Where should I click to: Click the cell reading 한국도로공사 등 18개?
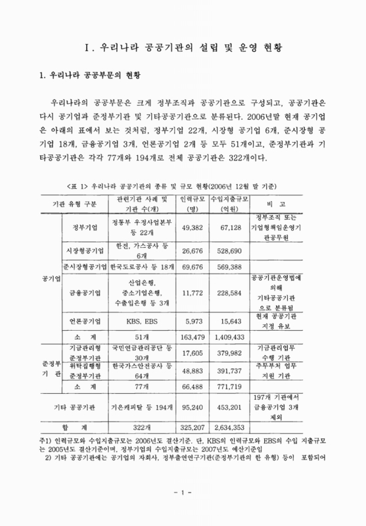click(142, 268)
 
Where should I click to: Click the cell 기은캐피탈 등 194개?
click(142, 406)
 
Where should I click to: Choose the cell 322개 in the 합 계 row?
click(142, 425)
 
